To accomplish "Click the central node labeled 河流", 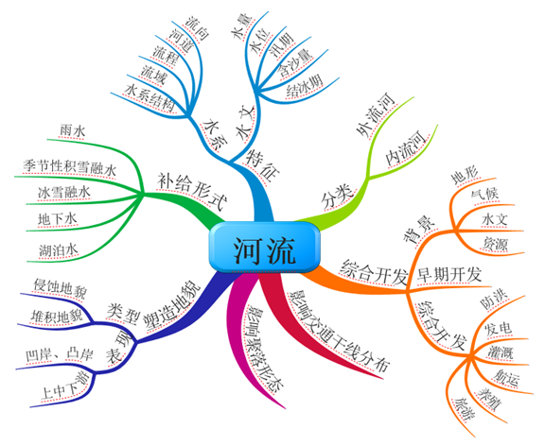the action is (x=264, y=248).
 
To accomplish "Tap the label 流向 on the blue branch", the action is (x=197, y=28).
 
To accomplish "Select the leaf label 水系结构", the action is (x=150, y=97).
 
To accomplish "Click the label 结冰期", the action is (x=305, y=85).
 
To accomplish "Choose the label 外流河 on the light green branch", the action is (x=376, y=115).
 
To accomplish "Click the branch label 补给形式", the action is (x=192, y=190).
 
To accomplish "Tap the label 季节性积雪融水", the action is (x=69, y=167).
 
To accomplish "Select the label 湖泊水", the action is (x=58, y=249).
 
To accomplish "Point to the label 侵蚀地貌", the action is (x=60, y=288).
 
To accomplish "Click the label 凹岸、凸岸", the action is (x=60, y=354).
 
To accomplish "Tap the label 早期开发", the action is (x=449, y=275).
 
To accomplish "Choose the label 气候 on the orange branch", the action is (x=484, y=195).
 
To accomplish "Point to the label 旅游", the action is (x=465, y=409).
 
